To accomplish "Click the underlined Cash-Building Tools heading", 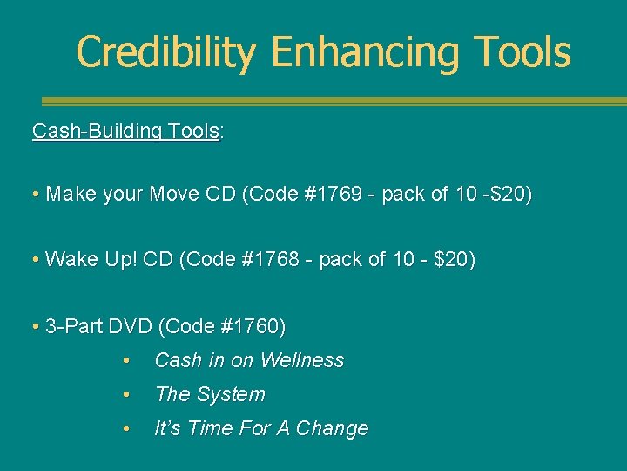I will click(125, 132).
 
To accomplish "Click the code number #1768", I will click(294, 260).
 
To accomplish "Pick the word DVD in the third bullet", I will click(131, 327).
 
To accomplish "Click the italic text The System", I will click(210, 394).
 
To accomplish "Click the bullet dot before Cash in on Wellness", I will click(127, 361).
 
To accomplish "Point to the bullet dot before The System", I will click(127, 395).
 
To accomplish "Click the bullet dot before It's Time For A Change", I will click(127, 429).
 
